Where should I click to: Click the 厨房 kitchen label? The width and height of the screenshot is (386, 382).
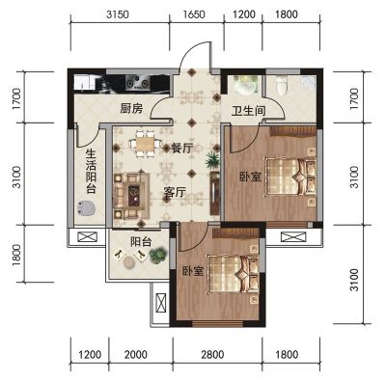click(131, 109)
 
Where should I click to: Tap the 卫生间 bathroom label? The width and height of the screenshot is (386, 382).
click(249, 111)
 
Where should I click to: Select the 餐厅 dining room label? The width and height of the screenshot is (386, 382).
click(182, 149)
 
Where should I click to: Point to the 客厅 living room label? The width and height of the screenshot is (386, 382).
click(175, 193)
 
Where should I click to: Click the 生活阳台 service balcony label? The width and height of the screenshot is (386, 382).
click(91, 171)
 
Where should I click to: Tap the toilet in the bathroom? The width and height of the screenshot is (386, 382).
click(282, 85)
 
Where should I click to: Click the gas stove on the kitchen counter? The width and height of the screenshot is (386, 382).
click(138, 82)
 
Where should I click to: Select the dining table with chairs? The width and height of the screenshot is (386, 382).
click(145, 144)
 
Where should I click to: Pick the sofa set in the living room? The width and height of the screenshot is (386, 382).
click(131, 196)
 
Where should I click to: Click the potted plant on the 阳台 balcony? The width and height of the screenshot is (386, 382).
click(158, 255)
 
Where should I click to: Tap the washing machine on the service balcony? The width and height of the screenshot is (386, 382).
click(85, 208)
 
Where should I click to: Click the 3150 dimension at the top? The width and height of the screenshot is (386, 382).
click(118, 14)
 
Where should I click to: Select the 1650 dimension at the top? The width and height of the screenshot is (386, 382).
click(194, 14)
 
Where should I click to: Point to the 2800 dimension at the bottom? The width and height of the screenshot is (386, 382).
click(212, 355)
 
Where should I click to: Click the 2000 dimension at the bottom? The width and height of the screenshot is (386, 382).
click(136, 355)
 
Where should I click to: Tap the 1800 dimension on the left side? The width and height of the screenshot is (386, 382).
click(16, 256)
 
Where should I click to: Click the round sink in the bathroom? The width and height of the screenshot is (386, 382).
click(244, 85)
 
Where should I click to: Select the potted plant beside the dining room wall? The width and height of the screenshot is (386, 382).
click(212, 160)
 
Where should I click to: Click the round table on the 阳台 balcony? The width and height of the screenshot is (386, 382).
click(130, 262)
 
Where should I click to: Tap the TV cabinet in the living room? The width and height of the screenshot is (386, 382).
click(214, 193)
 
